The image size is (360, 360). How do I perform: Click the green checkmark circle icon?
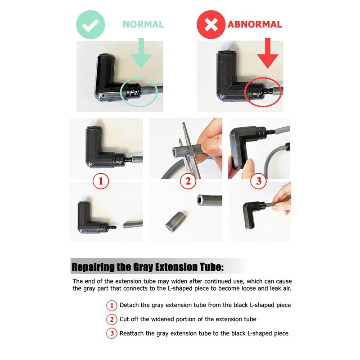point(90,25)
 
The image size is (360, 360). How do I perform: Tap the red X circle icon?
point(211,25)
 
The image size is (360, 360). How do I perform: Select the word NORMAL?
point(143,24)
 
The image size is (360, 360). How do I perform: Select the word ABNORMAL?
point(255,24)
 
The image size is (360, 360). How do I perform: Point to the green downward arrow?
point(141,53)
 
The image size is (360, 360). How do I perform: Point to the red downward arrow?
point(267,53)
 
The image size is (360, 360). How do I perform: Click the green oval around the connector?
point(121,92)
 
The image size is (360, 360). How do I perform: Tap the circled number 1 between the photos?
point(101,181)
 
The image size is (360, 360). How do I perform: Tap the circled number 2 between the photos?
point(188,181)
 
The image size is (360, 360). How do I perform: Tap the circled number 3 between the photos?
point(259,181)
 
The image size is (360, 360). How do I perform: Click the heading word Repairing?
point(93,267)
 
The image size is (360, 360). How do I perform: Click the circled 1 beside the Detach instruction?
point(112,306)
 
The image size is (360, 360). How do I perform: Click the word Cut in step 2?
point(124,319)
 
